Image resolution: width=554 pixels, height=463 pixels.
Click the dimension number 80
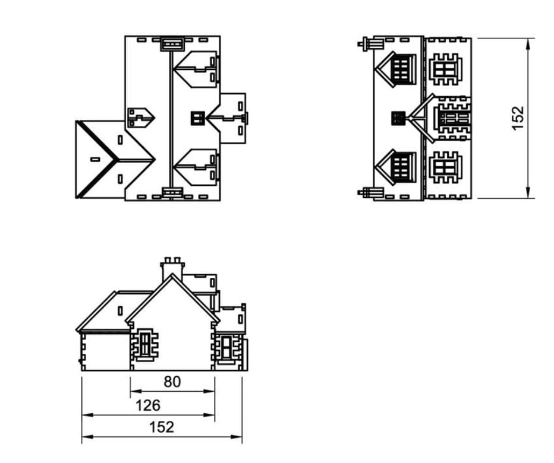(x=172, y=382)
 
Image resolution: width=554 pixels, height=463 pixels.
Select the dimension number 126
(x=148, y=405)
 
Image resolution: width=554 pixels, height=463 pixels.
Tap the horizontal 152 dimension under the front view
(x=162, y=427)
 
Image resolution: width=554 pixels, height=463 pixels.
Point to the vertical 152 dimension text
(x=518, y=118)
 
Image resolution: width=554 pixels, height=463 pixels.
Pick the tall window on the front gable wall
(x=145, y=344)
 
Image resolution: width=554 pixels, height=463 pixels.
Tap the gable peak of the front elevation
(x=172, y=274)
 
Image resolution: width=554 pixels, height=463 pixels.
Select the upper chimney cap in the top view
(x=172, y=44)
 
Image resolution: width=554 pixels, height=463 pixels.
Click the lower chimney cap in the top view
(x=172, y=192)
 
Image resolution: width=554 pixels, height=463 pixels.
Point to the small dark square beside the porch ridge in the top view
(x=198, y=118)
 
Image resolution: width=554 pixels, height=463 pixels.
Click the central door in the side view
(x=454, y=118)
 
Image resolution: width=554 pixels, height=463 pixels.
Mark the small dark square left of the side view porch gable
(x=398, y=118)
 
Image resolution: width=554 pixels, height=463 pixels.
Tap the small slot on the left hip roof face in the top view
(x=95, y=160)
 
